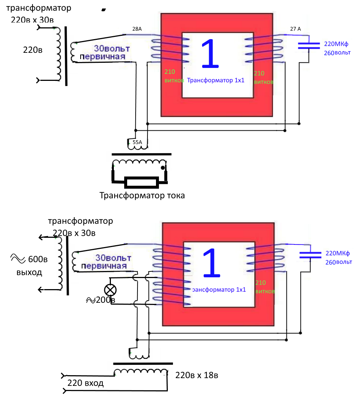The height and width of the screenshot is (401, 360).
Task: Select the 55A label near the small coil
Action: [x=137, y=141]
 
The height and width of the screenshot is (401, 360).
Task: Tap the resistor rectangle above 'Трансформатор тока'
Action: [x=141, y=182]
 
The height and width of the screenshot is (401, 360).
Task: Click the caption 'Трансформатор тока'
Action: [x=142, y=195]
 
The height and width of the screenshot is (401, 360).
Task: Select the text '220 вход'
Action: [x=85, y=383]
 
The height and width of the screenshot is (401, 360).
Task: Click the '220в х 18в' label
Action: [x=197, y=376]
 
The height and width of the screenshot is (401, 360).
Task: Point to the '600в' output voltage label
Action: [x=38, y=259]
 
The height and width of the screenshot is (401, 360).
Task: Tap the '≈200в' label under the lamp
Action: [x=100, y=300]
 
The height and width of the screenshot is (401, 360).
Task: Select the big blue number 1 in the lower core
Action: [x=212, y=263]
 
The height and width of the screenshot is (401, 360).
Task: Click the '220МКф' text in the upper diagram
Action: [x=337, y=43]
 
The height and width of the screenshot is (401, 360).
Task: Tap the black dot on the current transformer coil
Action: [x=162, y=168]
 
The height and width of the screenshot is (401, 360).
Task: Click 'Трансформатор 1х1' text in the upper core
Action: [x=216, y=80]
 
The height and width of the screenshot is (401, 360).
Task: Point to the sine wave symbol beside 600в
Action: [x=17, y=258]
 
